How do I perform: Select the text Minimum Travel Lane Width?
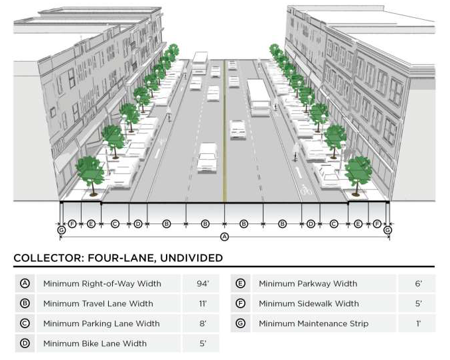pos(98,304)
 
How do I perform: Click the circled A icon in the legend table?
pos(25,284)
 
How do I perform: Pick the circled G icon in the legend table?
pos(240,324)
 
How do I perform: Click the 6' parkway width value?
pos(417,284)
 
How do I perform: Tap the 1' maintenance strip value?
pos(417,324)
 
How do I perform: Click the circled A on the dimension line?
pos(224,237)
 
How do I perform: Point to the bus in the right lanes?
pos(258,97)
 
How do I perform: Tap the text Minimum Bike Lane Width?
pos(95,343)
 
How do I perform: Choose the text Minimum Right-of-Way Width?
pos(102,284)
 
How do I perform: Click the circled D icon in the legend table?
pos(25,343)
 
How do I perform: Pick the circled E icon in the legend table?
pos(240,284)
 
